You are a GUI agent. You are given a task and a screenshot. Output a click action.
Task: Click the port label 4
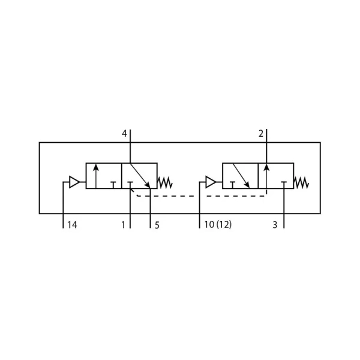[124, 133]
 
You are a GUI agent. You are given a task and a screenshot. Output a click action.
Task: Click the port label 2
[261, 133]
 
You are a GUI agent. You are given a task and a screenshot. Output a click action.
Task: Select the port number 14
[72, 225]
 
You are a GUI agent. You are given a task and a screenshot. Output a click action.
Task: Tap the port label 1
[124, 225]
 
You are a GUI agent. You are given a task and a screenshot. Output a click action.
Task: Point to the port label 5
[157, 225]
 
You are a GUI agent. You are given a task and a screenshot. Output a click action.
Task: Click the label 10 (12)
[218, 224]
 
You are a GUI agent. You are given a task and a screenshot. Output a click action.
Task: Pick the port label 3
[275, 225]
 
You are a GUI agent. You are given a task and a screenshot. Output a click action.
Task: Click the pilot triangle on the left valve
[74, 182]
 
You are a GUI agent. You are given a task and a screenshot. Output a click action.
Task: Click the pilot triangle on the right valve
[211, 182]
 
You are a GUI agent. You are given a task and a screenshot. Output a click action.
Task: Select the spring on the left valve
[165, 182]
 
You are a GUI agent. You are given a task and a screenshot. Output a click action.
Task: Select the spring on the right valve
[301, 182]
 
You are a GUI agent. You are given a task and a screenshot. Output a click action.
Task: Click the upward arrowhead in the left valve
[96, 167]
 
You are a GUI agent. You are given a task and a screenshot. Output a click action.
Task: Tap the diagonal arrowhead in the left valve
[147, 185]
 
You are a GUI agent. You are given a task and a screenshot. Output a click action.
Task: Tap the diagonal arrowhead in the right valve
[247, 184]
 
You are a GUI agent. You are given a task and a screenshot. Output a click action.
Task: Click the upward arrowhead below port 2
[266, 167]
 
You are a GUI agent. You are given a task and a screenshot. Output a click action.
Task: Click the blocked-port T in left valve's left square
[113, 185]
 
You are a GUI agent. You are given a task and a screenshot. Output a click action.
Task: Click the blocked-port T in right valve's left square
[232, 185]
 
